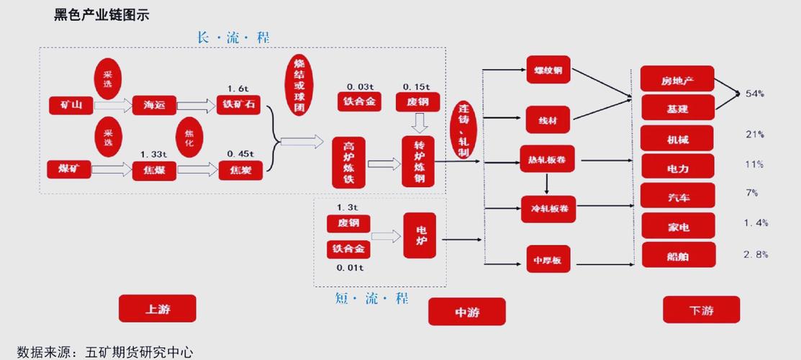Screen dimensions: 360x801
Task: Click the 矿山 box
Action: click(71, 106)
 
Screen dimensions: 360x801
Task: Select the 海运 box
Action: click(154, 106)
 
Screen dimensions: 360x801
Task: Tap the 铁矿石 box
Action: click(238, 105)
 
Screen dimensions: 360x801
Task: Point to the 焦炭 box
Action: click(241, 170)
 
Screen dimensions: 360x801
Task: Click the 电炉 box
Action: click(420, 235)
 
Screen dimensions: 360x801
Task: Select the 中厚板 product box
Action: click(548, 259)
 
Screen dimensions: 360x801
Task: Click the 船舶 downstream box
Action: click(678, 255)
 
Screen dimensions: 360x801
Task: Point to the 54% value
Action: click(755, 94)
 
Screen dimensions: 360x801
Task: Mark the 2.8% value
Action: click(756, 254)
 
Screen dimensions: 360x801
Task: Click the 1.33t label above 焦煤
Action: click(154, 154)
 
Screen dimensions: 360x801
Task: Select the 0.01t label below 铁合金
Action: click(350, 268)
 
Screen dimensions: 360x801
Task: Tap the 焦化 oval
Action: click(189, 138)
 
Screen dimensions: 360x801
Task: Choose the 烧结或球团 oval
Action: click(300, 86)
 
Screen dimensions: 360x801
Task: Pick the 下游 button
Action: click(701, 310)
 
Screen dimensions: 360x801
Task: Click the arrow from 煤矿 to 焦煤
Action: click(112, 170)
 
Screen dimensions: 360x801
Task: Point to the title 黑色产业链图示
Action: click(101, 14)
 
